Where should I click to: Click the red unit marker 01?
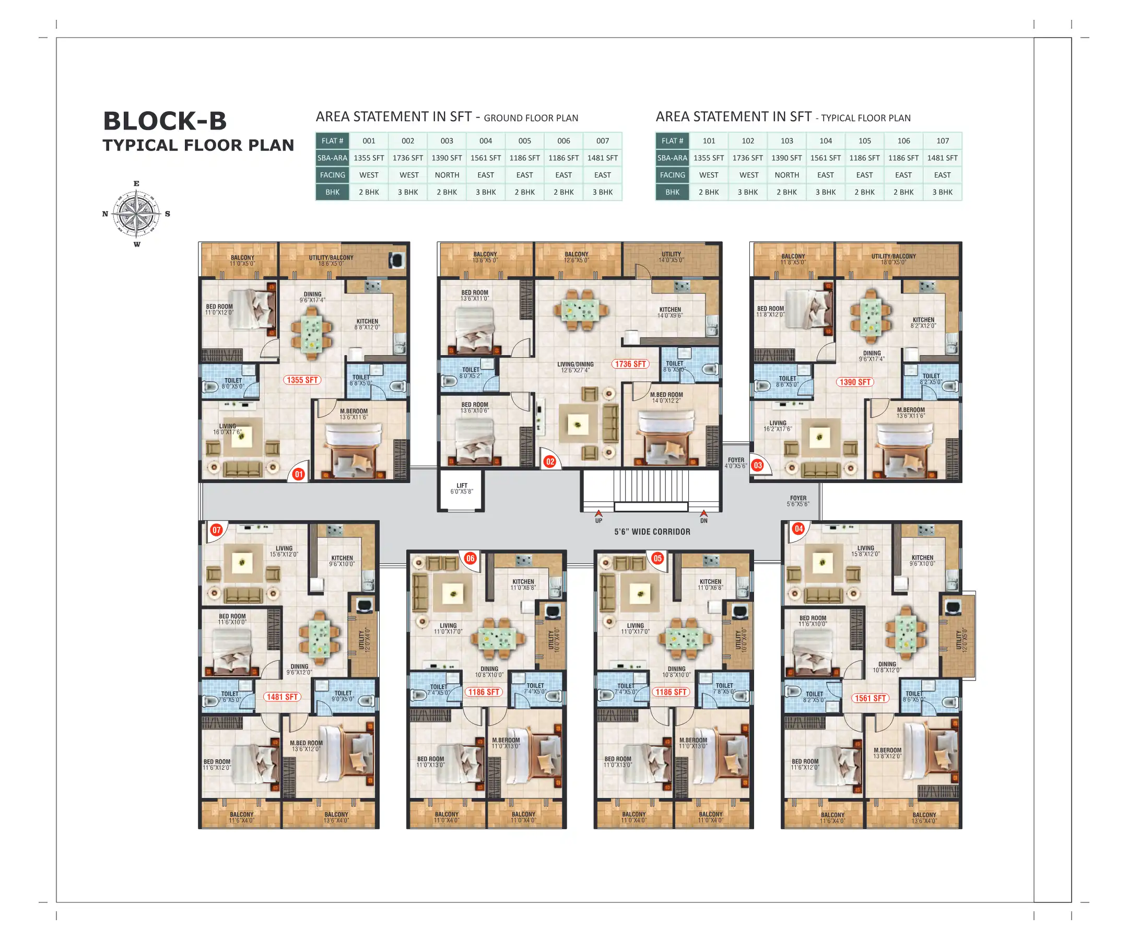[299, 474]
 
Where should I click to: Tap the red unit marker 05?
[657, 558]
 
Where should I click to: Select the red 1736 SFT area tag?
[630, 363]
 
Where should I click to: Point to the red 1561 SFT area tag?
[870, 698]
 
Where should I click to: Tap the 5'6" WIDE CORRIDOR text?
[652, 532]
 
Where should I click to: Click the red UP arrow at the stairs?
[599, 514]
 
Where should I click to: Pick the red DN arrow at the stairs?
[703, 514]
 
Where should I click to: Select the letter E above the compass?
[136, 184]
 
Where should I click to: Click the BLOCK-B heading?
[165, 121]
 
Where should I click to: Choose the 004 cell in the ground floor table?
[486, 140]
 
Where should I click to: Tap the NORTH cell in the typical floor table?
[786, 175]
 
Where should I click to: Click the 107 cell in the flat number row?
[942, 140]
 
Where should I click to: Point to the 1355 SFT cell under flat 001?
[369, 158]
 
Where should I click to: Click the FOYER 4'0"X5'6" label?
[736, 463]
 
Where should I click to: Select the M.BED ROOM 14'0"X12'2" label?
[666, 397]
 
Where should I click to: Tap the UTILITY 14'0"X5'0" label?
[671, 257]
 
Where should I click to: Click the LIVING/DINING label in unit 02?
[575, 368]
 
